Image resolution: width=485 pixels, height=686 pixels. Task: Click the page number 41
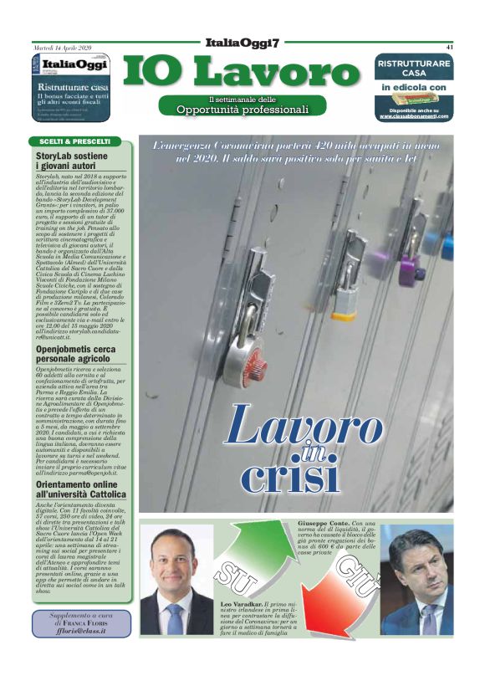click(x=449, y=47)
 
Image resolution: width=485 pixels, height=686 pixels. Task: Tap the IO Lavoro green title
click(x=243, y=73)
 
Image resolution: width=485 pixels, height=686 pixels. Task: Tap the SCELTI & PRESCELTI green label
click(x=75, y=141)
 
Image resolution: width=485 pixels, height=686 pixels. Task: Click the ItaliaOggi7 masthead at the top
click(x=242, y=43)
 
